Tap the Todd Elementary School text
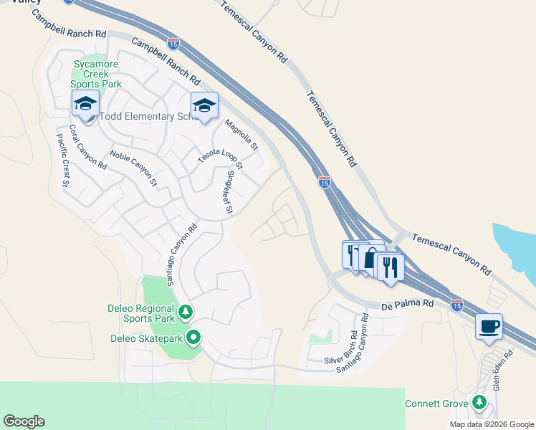(146, 117)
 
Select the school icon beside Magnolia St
(204, 106)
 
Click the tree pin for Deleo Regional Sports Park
(186, 312)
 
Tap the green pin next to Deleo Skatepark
(193, 337)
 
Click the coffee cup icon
(489, 328)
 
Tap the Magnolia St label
(241, 135)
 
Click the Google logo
(24, 421)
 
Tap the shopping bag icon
(370, 257)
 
